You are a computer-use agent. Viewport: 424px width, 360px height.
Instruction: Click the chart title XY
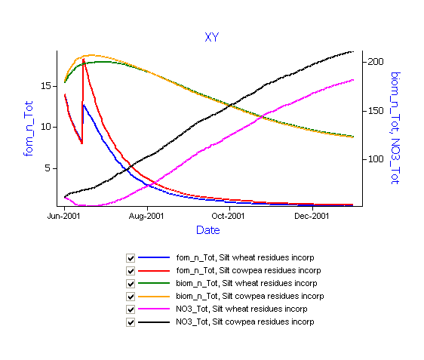point(212,37)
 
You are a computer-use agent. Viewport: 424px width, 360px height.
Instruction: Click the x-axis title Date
point(208,230)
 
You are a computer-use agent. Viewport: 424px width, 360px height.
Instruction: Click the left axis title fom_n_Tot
point(28,128)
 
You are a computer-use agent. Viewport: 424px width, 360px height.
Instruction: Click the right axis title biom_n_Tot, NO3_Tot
point(395,128)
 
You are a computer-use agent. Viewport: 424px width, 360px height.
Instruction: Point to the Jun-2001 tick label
point(63,216)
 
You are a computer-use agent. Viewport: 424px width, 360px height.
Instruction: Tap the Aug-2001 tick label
point(146,216)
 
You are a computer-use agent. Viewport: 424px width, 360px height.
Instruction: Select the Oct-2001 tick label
point(228,216)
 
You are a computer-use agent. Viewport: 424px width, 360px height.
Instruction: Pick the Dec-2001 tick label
point(312,216)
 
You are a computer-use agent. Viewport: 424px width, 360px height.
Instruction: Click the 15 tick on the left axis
point(46,86)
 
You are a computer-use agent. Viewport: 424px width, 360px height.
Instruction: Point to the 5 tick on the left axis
point(48,168)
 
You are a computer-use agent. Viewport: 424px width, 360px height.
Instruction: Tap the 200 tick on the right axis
point(376,62)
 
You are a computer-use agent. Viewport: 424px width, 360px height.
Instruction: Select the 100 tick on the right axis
point(376,159)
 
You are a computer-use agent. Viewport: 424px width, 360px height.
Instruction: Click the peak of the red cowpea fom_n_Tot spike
point(84,59)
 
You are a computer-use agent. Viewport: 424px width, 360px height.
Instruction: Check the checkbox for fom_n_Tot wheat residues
point(131,258)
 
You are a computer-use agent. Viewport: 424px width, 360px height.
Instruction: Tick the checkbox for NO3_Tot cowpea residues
point(131,322)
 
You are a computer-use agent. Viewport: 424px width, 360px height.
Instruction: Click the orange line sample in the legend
point(154,297)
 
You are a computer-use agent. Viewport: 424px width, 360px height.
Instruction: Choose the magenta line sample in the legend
point(154,309)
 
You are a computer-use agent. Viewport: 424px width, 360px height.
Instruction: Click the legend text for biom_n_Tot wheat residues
point(247,283)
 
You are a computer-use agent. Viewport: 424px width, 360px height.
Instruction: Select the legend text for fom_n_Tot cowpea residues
point(248,270)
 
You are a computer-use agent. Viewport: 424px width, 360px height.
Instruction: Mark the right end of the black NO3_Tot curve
point(353,51)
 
